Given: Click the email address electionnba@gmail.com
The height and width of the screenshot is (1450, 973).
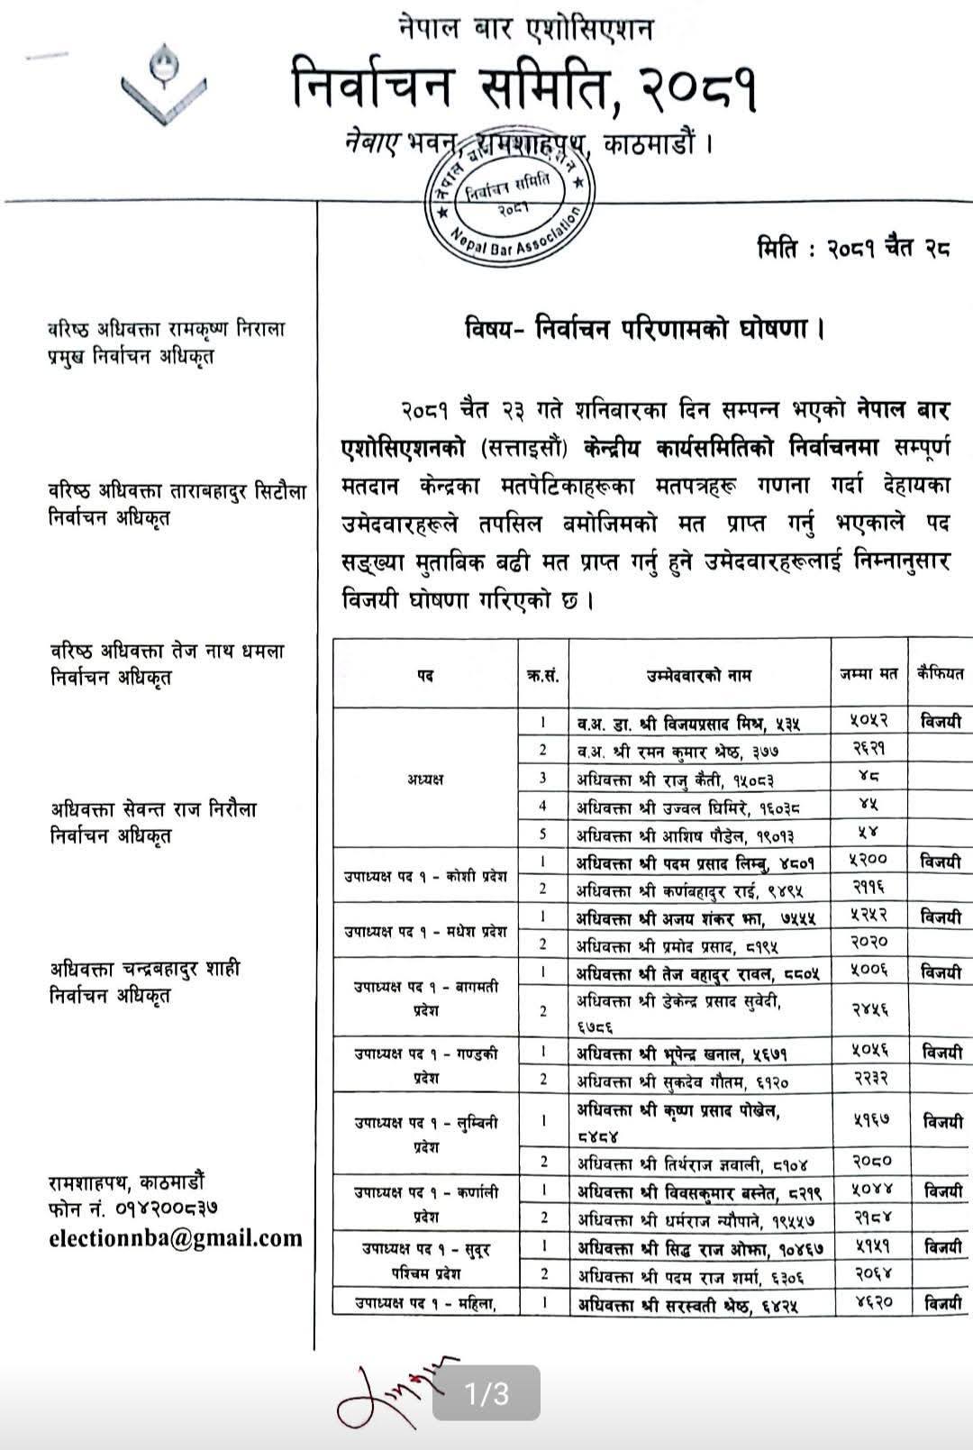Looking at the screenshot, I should click(x=176, y=1238).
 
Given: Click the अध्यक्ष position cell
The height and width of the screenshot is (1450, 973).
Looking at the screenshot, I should click(x=424, y=778).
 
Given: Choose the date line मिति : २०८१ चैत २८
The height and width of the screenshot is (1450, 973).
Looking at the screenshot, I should click(x=853, y=251).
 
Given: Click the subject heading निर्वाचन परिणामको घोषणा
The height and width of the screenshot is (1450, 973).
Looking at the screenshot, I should click(x=644, y=328).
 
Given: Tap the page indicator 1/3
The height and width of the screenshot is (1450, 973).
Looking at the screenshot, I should click(x=486, y=1393).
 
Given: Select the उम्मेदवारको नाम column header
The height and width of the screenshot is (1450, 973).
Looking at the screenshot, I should click(x=698, y=674).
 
